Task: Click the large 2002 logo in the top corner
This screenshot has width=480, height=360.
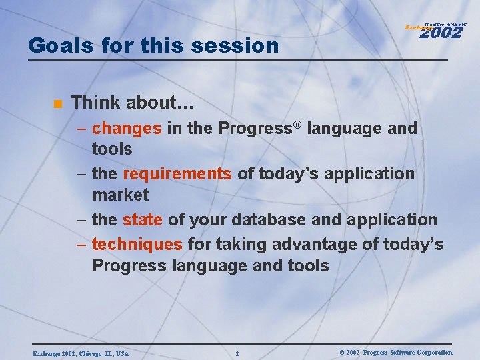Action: pos(441,31)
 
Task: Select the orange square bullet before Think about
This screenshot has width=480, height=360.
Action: pos(58,103)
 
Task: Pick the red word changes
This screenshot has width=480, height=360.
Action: pos(127,128)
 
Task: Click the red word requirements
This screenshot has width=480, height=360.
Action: pos(177,174)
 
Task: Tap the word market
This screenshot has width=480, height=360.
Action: pos(121,195)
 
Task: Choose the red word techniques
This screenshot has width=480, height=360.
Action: pos(137,244)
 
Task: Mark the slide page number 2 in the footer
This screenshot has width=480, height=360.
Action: pos(237,353)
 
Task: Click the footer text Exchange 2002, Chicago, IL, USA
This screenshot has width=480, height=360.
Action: pos(80,353)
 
